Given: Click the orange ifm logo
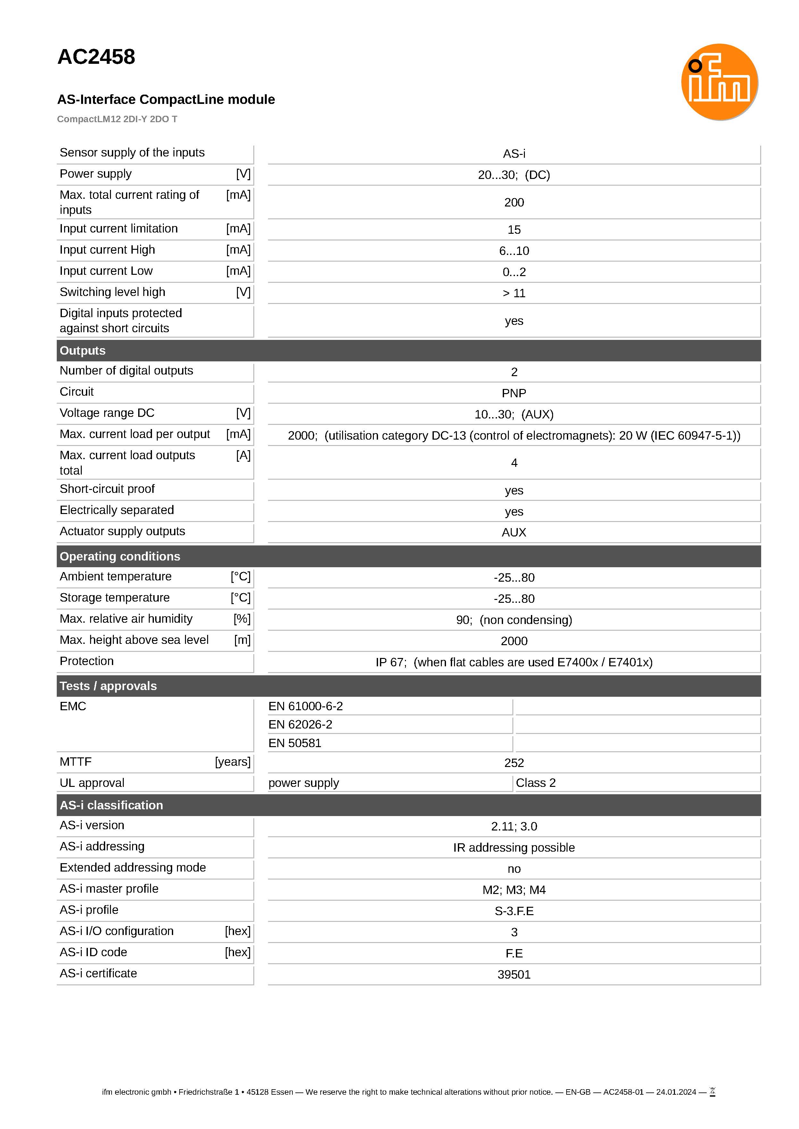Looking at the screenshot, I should (719, 82).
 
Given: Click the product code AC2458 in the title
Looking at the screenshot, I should (97, 57).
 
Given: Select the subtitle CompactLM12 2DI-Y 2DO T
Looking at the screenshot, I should (117, 119).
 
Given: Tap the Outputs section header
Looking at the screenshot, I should (83, 351).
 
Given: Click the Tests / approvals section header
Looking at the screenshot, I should (108, 686).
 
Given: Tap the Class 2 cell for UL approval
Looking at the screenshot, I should (535, 783).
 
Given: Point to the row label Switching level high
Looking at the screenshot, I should (112, 292).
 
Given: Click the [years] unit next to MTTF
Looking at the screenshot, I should (233, 762).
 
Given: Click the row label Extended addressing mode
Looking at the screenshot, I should (133, 868).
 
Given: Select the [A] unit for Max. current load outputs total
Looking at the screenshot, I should (243, 456).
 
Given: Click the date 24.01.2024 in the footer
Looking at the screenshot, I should (676, 1092).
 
